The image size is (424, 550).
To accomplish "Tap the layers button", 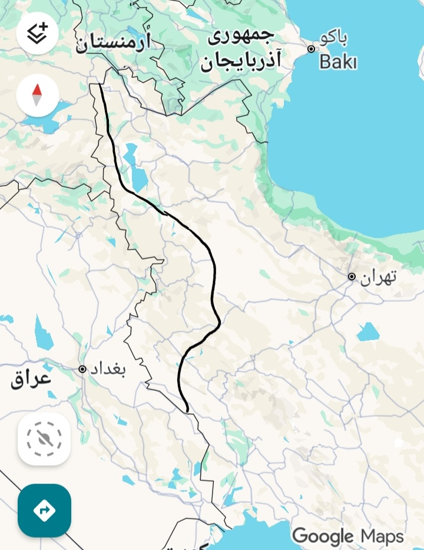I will point(37,34).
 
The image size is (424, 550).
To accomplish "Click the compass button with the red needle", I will point(37,95).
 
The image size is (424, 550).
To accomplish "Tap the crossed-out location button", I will point(44,439).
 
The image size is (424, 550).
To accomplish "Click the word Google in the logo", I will point(323,536).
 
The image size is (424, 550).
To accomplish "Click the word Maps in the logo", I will point(382,536).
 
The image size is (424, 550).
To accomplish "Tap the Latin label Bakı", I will point(338,61).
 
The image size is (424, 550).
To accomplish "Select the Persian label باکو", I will point(333,39).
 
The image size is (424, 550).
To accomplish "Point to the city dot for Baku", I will point(311,49).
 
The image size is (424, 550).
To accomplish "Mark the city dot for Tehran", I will point(352,276).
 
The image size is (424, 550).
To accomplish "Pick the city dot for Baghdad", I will point(82,369).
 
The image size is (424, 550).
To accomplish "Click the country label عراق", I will point(31,378).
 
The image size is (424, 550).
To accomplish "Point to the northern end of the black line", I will point(100,85).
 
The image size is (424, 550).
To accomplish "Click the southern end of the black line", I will point(187,411).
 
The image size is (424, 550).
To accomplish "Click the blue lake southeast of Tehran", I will point(368,332).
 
